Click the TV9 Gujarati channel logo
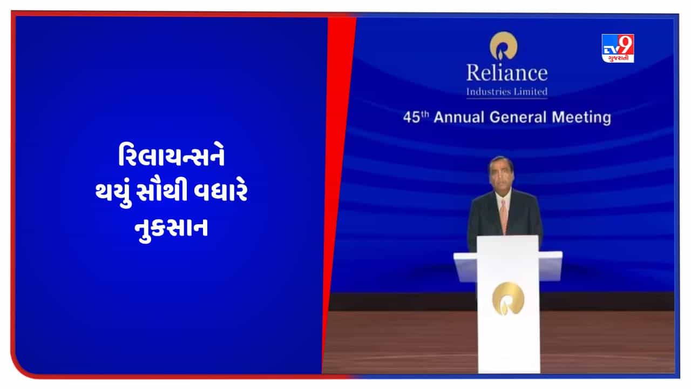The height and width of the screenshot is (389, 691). click(x=618, y=49)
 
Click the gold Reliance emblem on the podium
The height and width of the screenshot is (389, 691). click(x=508, y=299)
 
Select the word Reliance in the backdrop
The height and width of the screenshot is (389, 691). click(x=507, y=73)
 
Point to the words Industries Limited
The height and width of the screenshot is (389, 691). click(x=507, y=92)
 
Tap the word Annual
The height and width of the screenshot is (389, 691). click(x=459, y=117)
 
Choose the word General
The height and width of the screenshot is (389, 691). click(x=518, y=117)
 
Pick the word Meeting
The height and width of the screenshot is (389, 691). click(x=581, y=118)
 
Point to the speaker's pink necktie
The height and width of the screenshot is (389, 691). click(x=503, y=217)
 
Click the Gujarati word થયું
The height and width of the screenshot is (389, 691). click(x=113, y=193)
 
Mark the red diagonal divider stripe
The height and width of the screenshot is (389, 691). click(x=339, y=194)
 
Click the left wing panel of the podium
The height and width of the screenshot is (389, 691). click(x=465, y=267)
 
